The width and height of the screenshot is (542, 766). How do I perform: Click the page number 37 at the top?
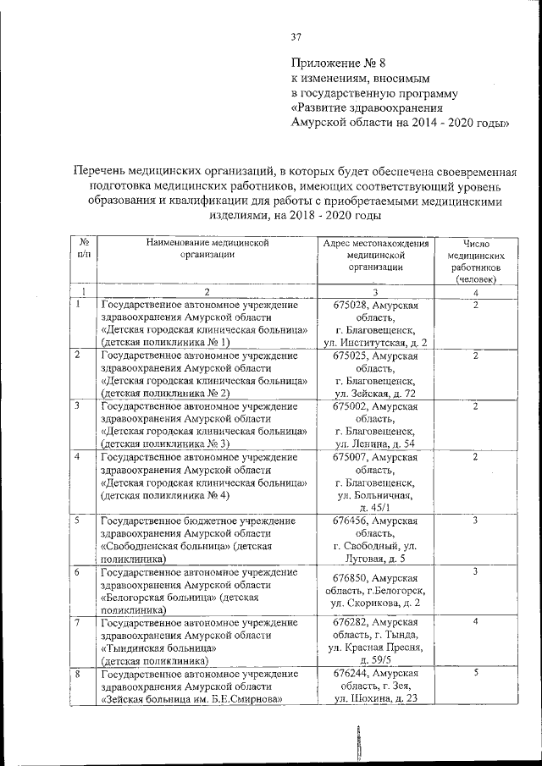(x=296, y=36)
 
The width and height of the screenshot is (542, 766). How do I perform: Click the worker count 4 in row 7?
(x=477, y=622)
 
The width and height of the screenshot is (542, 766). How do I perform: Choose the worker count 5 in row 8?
(x=477, y=673)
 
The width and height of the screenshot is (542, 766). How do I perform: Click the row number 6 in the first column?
(x=77, y=572)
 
